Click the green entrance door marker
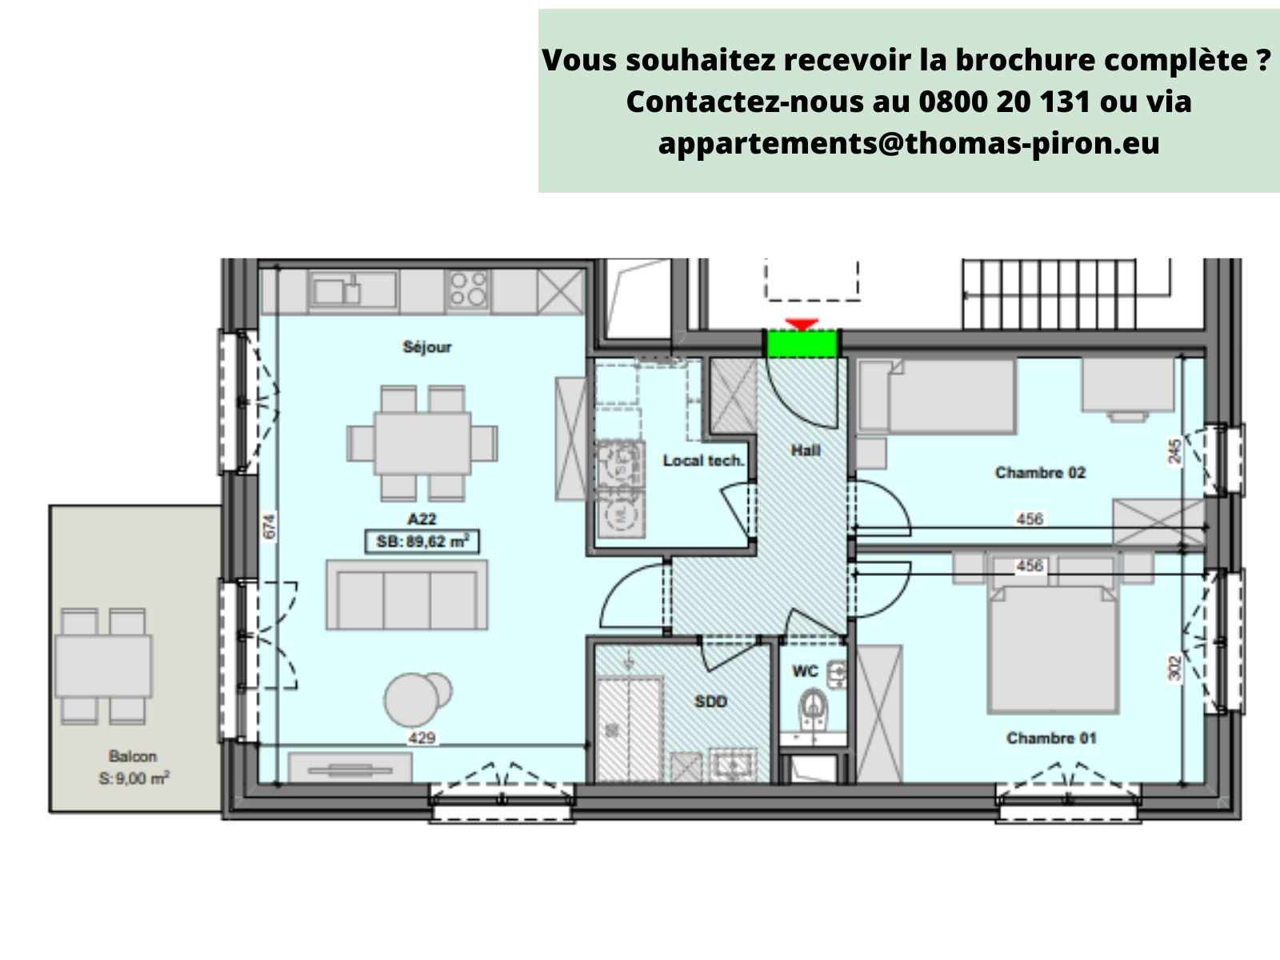pyautogui.click(x=802, y=344)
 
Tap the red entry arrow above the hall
pyautogui.click(x=802, y=324)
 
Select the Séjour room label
pyautogui.click(x=427, y=347)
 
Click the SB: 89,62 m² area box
pyautogui.click(x=422, y=542)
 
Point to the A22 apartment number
pyautogui.click(x=422, y=519)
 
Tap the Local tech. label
pyautogui.click(x=703, y=461)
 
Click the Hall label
pyautogui.click(x=806, y=450)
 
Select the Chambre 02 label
pyautogui.click(x=1040, y=473)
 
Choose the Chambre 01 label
pyautogui.click(x=1051, y=738)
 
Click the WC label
pyautogui.click(x=805, y=670)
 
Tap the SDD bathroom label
pyautogui.click(x=710, y=702)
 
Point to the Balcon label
pyautogui.click(x=133, y=756)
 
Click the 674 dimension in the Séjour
pyautogui.click(x=270, y=526)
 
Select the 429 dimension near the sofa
pyautogui.click(x=422, y=738)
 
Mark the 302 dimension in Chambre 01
pyautogui.click(x=1174, y=668)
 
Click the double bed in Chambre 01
pyautogui.click(x=1052, y=650)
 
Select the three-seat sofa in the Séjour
pyautogui.click(x=407, y=595)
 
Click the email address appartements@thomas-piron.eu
pyautogui.click(x=909, y=143)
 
